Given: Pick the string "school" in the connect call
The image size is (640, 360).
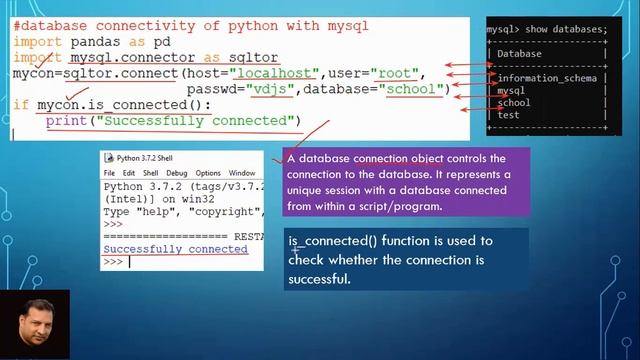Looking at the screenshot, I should [x=412, y=90].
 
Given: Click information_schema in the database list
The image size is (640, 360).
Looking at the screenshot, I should [x=546, y=78].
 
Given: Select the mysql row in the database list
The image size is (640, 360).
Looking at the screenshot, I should [x=511, y=90].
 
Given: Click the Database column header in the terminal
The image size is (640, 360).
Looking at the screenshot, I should [x=519, y=54].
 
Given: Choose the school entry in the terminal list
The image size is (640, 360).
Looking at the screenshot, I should [x=514, y=102].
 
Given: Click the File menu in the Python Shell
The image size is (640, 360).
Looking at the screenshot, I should [x=110, y=173].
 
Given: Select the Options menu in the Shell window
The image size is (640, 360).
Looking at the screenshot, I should [x=208, y=173].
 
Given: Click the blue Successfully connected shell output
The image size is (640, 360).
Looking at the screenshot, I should [x=175, y=249].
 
